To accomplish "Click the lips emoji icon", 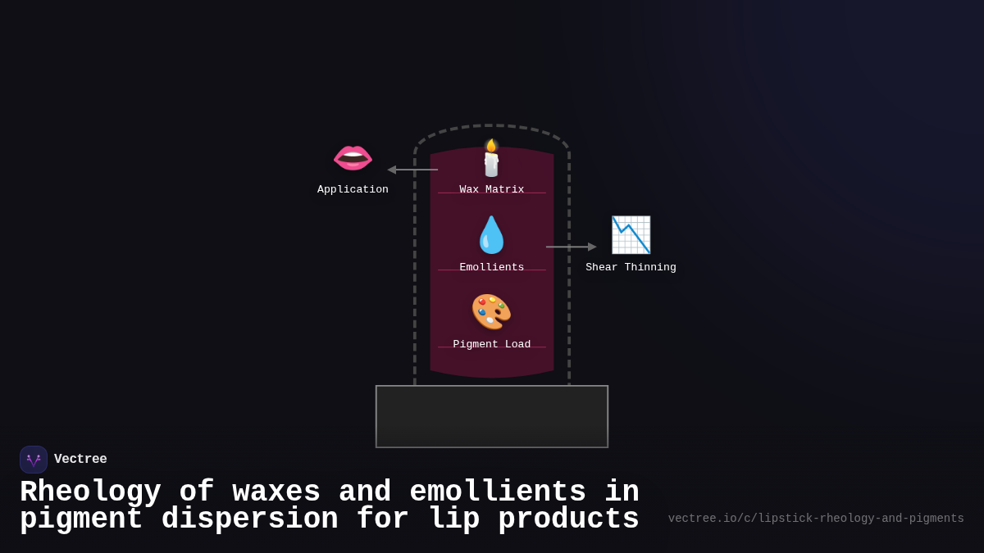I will pos(353,157).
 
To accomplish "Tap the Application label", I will pos(353,189).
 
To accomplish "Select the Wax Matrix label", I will pos(491,189).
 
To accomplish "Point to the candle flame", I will pos(491,146).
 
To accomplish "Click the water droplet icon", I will pos(491,235).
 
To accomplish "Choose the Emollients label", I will pos(491,267).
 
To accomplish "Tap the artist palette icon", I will pos(491,312).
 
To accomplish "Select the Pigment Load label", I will pos(491,344).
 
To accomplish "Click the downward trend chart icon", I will pos(631,235).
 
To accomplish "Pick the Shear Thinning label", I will pos(631,267).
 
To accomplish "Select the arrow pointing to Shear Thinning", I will pos(571,247).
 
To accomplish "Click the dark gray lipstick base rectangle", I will pos(491,416).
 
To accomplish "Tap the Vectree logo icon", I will pos(34,460).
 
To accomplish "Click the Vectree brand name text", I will pos(80,460).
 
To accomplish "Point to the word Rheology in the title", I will pos(90,492).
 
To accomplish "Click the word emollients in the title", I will pos(497,492).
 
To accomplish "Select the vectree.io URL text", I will pos(815,519).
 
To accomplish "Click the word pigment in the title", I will pos(81,519).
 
